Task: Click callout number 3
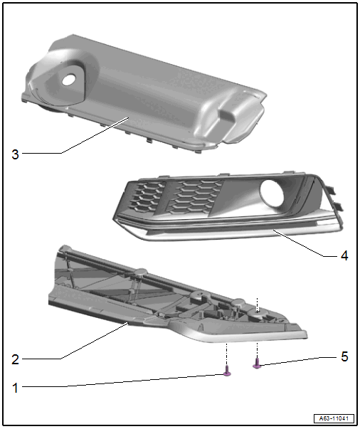[15, 154]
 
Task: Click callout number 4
[344, 256]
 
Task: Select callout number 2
[15, 359]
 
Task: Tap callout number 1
[16, 388]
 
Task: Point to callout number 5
[344, 356]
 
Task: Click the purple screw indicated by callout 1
[228, 371]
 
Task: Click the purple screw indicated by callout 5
[257, 364]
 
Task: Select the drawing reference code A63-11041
[334, 418]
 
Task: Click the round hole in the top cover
[69, 80]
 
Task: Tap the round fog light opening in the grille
[272, 194]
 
